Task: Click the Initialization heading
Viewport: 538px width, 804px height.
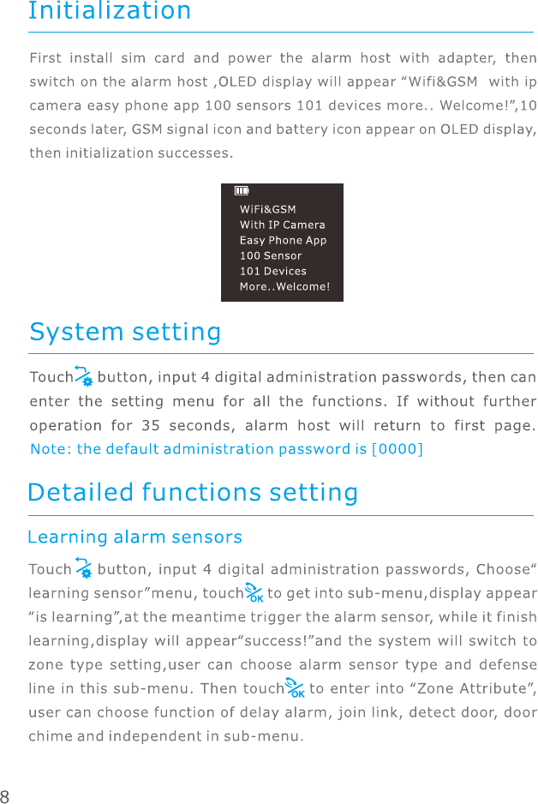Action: click(110, 12)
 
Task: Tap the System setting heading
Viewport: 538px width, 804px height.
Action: click(125, 332)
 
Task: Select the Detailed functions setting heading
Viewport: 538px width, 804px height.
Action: click(193, 493)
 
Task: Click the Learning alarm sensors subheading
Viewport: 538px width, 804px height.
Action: click(135, 537)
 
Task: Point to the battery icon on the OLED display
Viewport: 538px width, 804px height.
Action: click(242, 191)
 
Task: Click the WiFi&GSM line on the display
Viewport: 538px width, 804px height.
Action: click(267, 209)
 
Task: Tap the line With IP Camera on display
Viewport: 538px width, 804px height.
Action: click(282, 225)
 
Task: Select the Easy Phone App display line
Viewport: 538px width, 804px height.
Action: click(283, 240)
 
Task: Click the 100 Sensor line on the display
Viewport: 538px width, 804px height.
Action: click(271, 255)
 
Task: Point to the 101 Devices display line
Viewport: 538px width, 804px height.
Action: click(272, 271)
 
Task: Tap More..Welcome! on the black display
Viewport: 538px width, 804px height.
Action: click(284, 286)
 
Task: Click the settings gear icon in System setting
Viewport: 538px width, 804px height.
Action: click(84, 377)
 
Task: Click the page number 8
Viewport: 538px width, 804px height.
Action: click(6, 794)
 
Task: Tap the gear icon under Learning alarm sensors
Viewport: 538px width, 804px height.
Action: click(84, 568)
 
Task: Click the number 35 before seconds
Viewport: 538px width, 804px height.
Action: click(151, 425)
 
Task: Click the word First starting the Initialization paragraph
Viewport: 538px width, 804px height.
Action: click(45, 59)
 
